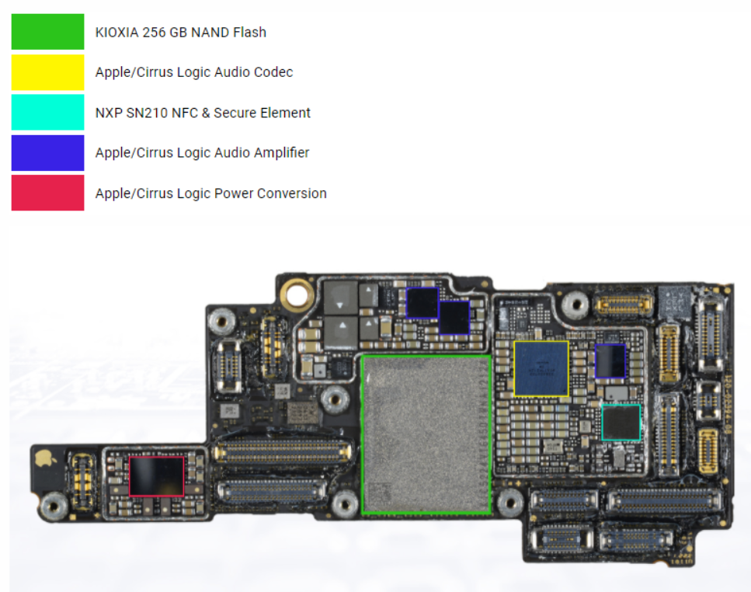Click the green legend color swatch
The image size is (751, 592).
tap(47, 32)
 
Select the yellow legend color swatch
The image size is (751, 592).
tap(47, 72)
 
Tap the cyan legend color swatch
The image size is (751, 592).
tap(47, 113)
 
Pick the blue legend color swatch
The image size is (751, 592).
tap(47, 152)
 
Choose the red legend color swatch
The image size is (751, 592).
tap(47, 193)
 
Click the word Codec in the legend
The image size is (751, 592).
tap(275, 72)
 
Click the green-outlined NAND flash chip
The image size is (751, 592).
tap(426, 434)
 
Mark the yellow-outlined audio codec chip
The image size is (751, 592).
tap(541, 368)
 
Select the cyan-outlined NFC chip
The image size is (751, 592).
tap(621, 423)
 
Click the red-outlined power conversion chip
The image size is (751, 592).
tap(156, 475)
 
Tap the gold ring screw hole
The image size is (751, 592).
tap(296, 294)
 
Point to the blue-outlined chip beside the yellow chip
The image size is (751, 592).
tap(610, 361)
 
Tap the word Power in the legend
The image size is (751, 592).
tap(238, 193)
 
